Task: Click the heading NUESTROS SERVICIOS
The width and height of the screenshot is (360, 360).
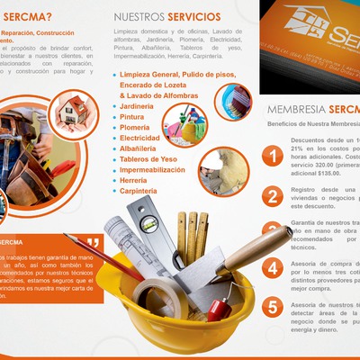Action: (x=166, y=16)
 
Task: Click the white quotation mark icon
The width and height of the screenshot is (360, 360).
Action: (x=94, y=244)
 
